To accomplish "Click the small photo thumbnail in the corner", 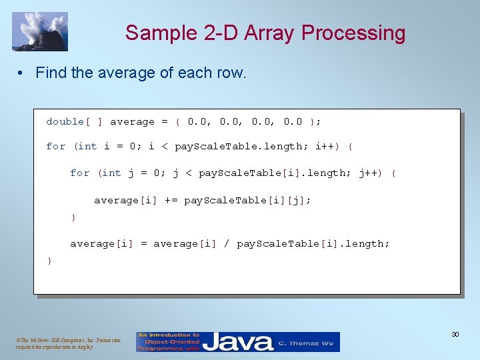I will pyautogui.click(x=40, y=31).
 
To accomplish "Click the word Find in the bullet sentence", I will pyautogui.click(x=51, y=73).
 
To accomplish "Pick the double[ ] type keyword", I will pyautogui.click(x=73, y=121).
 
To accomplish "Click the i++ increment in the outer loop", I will pyautogui.click(x=326, y=146).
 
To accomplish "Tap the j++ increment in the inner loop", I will pyautogui.click(x=370, y=173).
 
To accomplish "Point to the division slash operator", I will pyautogui.click(x=227, y=244).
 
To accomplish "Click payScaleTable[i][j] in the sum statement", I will pyautogui.click(x=247, y=200).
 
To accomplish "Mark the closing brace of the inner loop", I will pyautogui.click(x=73, y=217).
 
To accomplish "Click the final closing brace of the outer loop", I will pyautogui.click(x=49, y=261).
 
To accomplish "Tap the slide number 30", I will pyautogui.click(x=455, y=333).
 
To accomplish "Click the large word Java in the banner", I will pyautogui.click(x=238, y=343).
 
